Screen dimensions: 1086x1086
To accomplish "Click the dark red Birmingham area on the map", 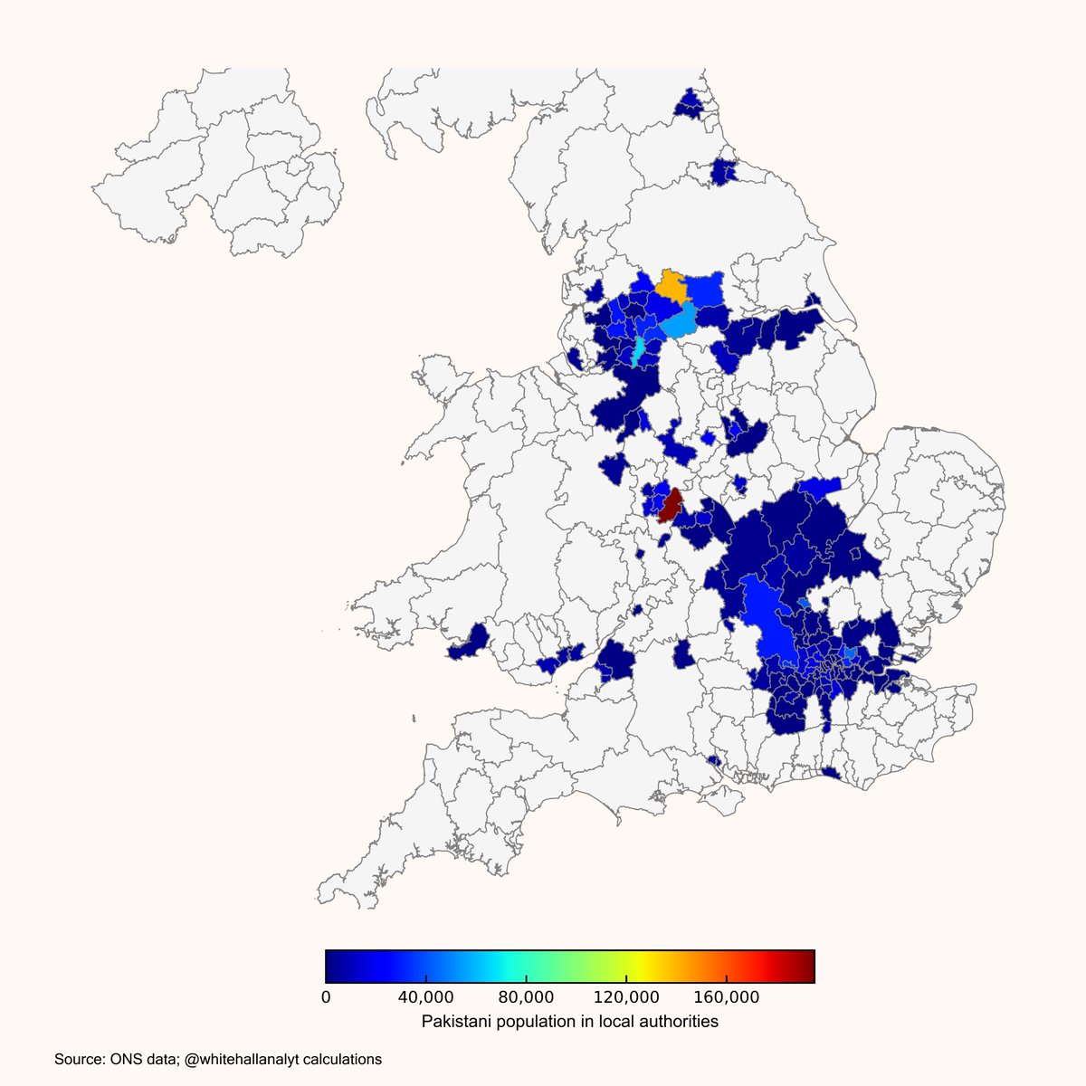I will coord(671,507).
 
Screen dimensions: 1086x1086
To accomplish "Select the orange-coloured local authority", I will coord(673,287).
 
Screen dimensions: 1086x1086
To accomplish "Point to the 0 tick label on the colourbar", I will coord(326,997).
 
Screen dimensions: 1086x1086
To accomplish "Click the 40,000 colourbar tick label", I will coord(425,997).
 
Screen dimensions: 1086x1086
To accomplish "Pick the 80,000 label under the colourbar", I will coord(526,997).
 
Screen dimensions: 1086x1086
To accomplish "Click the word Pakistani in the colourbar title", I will coord(455,1022).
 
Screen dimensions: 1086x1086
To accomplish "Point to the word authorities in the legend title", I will coord(679,1022).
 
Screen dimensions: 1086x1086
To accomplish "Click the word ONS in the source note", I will coord(125,1059).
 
